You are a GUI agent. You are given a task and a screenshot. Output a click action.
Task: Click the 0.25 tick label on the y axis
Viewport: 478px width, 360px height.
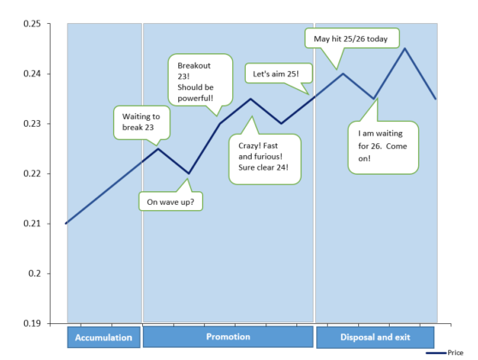32,24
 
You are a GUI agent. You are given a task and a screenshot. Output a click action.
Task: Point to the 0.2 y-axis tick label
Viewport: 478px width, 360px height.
34,273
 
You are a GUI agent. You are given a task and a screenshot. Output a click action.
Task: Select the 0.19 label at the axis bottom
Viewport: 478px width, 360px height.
32,323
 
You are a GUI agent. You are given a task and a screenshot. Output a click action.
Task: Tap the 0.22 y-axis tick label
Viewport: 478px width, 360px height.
32,174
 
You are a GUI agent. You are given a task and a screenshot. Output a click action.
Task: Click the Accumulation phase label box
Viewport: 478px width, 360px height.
104,337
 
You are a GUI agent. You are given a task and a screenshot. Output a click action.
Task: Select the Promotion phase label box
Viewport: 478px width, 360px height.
228,337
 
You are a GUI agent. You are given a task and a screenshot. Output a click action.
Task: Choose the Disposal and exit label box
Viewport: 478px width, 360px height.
375,337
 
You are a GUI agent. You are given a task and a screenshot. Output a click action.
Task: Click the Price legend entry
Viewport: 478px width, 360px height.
445,352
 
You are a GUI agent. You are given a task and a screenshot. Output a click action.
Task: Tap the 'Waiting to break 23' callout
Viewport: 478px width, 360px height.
141,123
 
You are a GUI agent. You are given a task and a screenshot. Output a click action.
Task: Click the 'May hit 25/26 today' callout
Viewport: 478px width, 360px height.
352,39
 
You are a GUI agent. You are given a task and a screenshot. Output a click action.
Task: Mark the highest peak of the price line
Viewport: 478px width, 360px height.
404,48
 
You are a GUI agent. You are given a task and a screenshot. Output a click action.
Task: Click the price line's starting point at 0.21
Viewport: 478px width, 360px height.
66,224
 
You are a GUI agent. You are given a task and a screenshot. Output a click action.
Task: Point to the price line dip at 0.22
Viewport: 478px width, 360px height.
189,174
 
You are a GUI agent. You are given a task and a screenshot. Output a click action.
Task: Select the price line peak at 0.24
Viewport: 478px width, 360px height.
343,74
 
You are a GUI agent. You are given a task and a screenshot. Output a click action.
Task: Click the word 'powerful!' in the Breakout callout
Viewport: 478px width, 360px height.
195,99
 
